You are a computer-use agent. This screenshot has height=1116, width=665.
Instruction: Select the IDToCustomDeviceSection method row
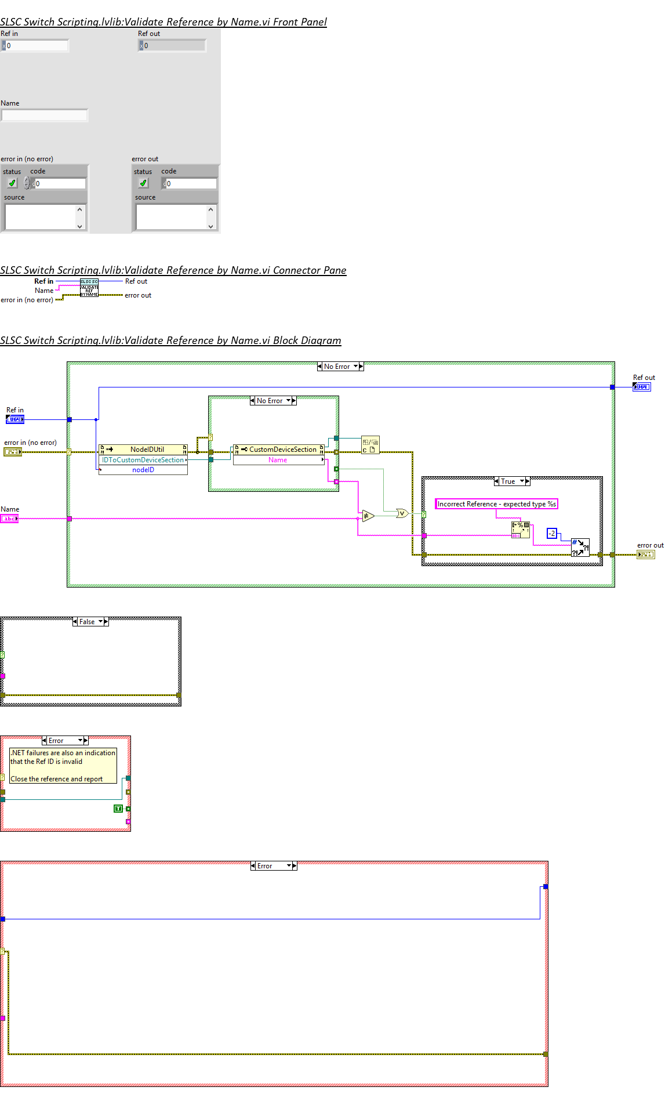click(x=143, y=460)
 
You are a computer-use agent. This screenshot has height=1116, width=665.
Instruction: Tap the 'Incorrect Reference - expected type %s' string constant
click(x=496, y=504)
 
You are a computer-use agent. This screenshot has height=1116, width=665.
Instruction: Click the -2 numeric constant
click(x=552, y=533)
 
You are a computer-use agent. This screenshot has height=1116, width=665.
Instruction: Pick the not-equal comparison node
click(x=368, y=516)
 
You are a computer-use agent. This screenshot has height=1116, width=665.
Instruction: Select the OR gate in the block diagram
click(x=402, y=513)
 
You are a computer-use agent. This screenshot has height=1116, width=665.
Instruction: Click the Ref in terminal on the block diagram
click(x=15, y=419)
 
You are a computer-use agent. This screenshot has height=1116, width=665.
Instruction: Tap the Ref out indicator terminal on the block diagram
click(x=642, y=386)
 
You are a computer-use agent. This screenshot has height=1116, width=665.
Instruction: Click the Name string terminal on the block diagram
click(x=9, y=519)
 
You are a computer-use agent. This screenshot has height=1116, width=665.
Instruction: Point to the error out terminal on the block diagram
click(x=646, y=555)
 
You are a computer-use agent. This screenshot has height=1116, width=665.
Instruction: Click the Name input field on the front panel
click(x=45, y=115)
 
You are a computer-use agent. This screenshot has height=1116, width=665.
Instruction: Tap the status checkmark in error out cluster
click(x=143, y=183)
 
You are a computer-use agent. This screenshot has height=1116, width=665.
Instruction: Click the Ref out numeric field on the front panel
click(x=174, y=45)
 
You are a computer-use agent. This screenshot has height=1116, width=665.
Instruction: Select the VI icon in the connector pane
click(x=89, y=288)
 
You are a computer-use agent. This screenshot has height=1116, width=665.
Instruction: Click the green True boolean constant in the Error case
click(x=118, y=809)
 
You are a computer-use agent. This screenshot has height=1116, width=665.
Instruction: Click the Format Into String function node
click(x=520, y=530)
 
